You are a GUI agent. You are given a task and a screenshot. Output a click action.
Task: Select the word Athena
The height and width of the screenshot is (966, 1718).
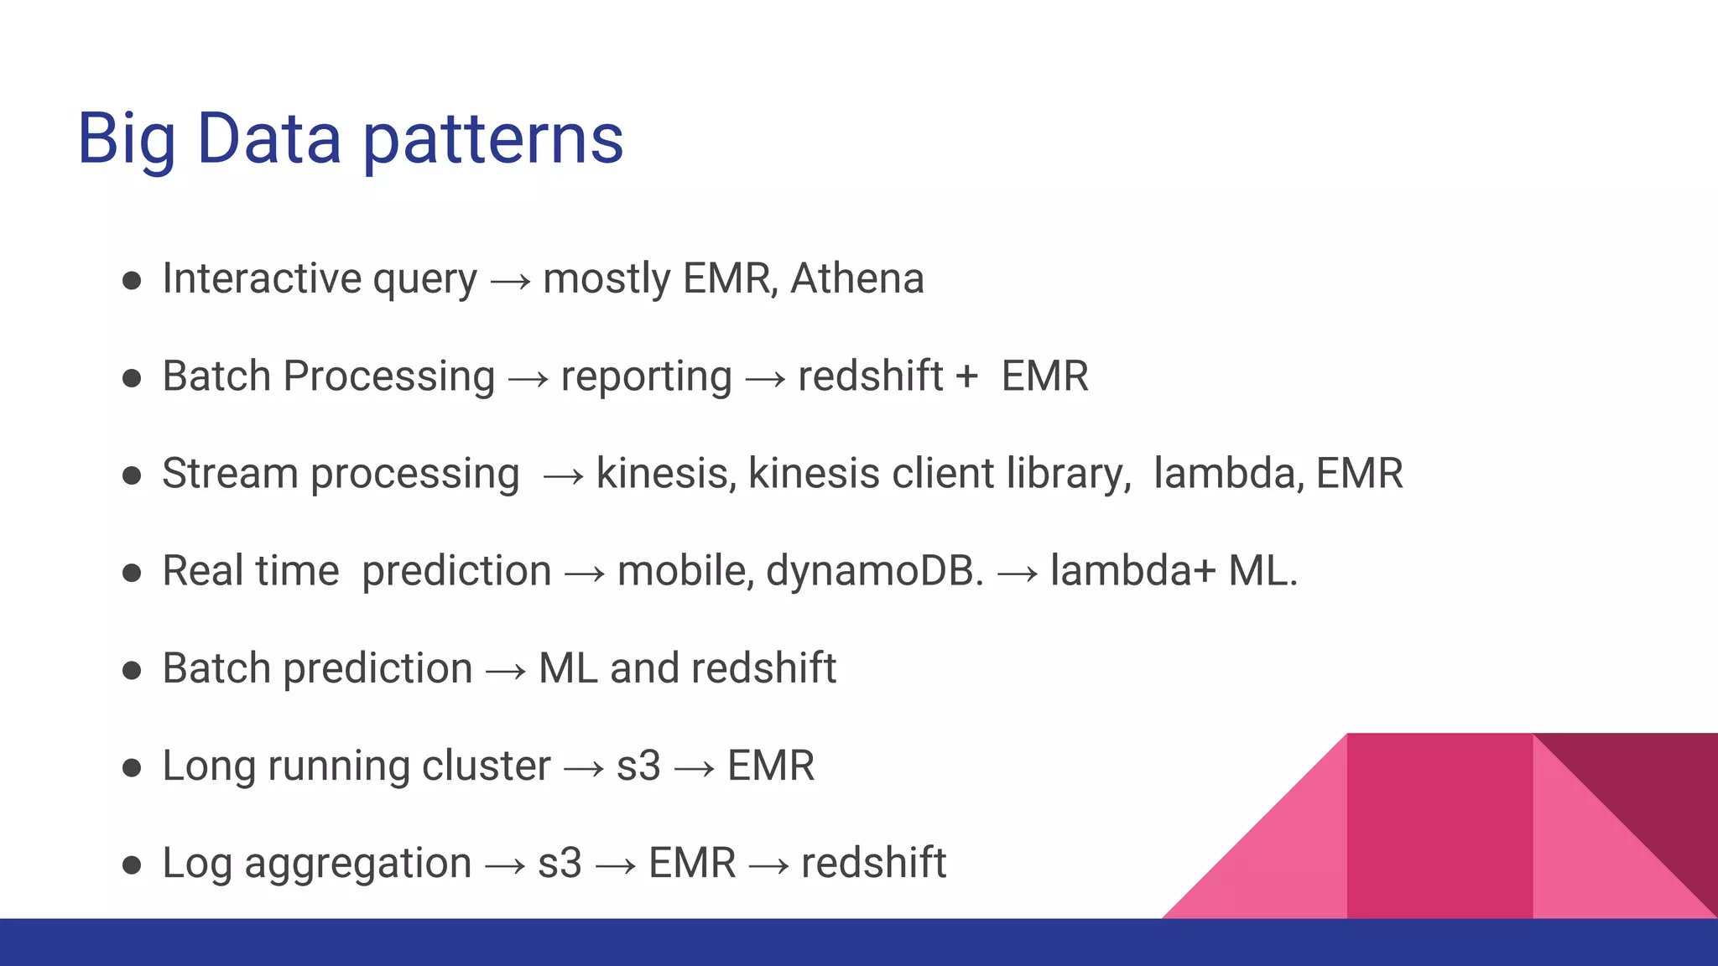click(856, 278)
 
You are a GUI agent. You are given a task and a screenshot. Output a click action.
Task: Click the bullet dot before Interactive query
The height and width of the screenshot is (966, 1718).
click(132, 280)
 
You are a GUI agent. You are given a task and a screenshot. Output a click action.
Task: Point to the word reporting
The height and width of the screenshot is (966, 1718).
click(646, 377)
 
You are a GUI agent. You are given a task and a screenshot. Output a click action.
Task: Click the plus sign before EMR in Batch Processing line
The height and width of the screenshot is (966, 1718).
click(966, 377)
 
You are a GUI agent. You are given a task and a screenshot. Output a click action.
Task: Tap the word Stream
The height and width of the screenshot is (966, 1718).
click(230, 474)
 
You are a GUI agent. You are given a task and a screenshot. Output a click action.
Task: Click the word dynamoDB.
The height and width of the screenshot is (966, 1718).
click(874, 572)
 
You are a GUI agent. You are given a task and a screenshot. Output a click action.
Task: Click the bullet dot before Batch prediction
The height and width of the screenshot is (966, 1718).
click(132, 670)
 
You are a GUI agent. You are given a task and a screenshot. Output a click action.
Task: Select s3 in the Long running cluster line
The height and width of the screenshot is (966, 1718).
click(638, 766)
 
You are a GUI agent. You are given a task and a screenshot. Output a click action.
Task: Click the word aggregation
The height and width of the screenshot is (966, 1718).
click(358, 865)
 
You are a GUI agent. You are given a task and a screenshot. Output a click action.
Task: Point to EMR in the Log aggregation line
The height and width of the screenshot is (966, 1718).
click(692, 864)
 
